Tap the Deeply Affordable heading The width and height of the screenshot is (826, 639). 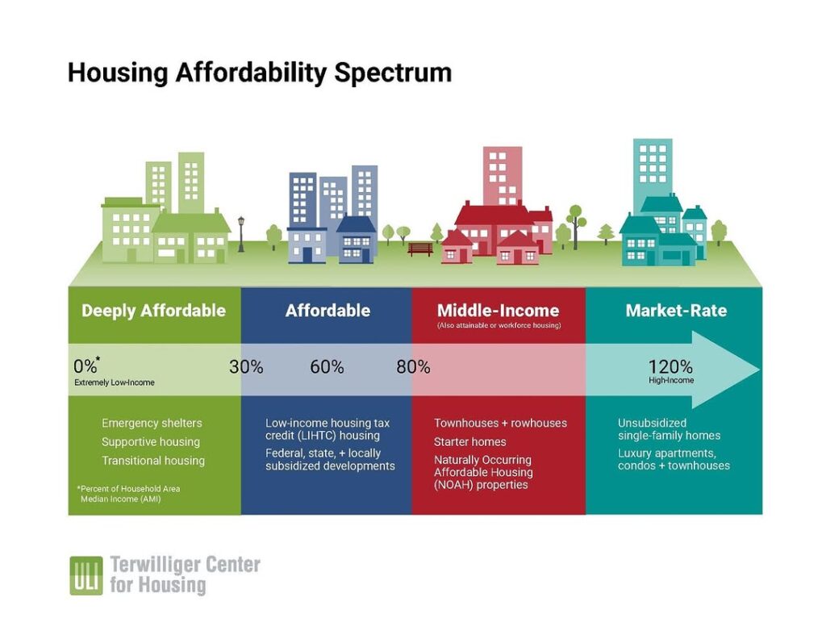click(x=153, y=311)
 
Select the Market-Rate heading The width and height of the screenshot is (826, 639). click(x=676, y=311)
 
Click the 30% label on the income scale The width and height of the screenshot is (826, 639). click(x=246, y=366)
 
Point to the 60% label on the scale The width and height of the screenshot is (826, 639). click(x=327, y=366)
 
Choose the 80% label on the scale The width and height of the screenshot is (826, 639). click(x=413, y=366)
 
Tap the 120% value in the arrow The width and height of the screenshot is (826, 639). click(x=670, y=366)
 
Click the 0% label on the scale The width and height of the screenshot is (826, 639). click(x=86, y=365)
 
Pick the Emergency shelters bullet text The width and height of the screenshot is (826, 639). click(x=152, y=423)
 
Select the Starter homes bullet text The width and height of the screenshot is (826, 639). click(x=470, y=441)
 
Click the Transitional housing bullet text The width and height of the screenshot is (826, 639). click(x=152, y=461)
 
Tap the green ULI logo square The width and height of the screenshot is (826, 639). click(x=86, y=575)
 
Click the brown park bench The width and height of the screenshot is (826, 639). click(x=419, y=248)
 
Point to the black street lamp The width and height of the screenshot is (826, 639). click(x=241, y=233)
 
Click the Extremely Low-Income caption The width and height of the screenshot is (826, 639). click(x=115, y=382)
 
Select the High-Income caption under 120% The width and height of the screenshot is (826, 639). click(x=671, y=380)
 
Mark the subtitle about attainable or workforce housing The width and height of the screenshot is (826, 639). click(x=499, y=326)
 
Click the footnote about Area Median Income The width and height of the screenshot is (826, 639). click(x=128, y=494)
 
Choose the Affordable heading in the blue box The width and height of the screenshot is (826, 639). click(x=327, y=311)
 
